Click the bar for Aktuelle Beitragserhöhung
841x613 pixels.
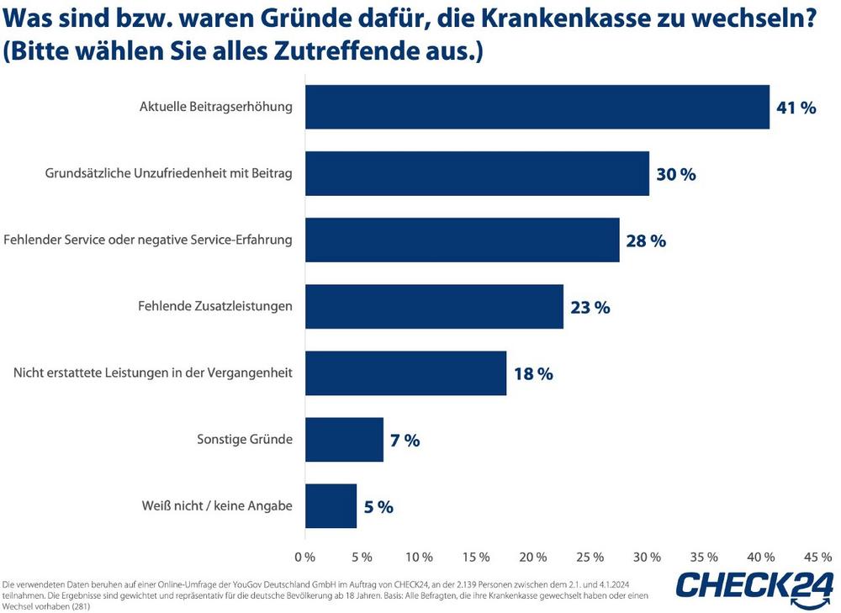[537, 108]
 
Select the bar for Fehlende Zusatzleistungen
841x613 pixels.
[434, 306]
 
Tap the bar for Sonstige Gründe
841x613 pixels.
[344, 439]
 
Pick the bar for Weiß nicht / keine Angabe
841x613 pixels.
[331, 505]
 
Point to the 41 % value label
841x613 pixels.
[796, 108]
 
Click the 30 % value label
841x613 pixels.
[676, 175]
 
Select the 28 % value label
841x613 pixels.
[646, 241]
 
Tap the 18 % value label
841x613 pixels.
[533, 374]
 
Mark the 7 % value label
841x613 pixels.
[405, 440]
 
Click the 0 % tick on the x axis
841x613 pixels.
[304, 557]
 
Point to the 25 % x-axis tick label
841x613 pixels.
[590, 557]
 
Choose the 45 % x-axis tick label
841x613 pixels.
[818, 557]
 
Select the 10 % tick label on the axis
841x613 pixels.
[419, 557]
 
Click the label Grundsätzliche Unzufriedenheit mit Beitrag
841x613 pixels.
[168, 174]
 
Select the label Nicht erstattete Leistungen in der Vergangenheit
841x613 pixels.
[153, 373]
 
